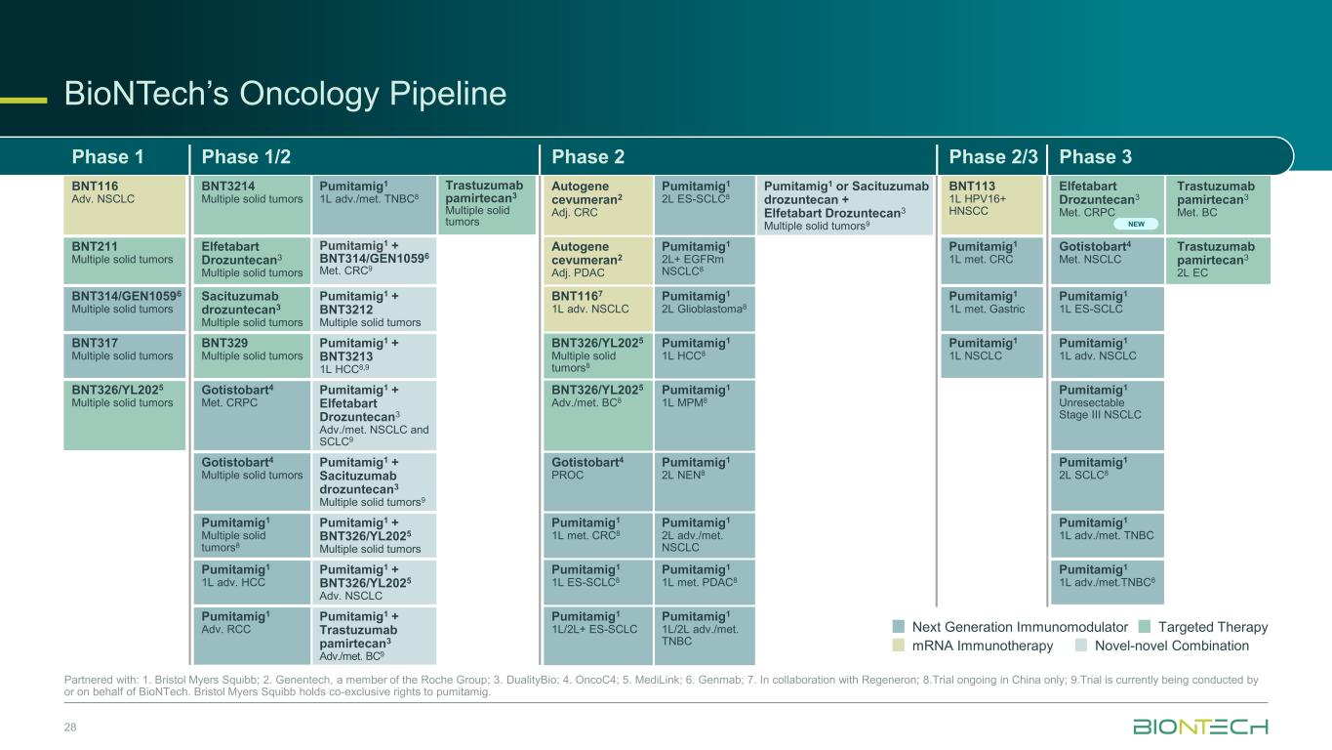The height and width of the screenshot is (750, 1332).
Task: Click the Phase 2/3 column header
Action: tap(993, 156)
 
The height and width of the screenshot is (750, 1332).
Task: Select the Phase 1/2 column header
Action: tap(246, 156)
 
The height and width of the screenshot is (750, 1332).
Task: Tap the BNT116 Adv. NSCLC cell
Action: tap(125, 205)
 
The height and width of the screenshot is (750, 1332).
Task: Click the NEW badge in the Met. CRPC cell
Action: tap(1136, 224)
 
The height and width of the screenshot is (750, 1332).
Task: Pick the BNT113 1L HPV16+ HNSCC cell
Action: tap(991, 205)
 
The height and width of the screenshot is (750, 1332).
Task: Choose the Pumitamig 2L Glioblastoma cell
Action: tap(705, 309)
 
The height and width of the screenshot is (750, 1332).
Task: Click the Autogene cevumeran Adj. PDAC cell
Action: tap(597, 260)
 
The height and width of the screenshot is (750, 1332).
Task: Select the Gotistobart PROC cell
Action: tap(597, 481)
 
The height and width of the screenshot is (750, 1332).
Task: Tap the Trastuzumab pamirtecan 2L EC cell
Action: tap(1218, 260)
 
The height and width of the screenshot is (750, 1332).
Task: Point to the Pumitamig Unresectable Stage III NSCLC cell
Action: tap(1108, 415)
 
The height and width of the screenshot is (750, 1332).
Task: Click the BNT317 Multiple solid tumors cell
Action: tap(125, 355)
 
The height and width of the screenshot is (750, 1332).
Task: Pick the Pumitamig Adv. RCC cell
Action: tap(252, 635)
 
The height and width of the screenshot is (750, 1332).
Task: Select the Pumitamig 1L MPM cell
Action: tap(705, 415)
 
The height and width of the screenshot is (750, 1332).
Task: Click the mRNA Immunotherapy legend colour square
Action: tap(899, 646)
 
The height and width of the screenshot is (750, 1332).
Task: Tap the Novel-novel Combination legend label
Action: tap(1171, 646)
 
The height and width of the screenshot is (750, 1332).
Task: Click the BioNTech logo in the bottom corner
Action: tap(1200, 727)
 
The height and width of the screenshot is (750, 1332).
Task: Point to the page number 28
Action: tap(70, 727)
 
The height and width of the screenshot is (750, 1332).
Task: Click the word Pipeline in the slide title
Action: tap(448, 94)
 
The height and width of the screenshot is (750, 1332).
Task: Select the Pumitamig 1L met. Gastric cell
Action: tap(991, 309)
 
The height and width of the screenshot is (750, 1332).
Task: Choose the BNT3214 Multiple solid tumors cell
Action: tap(252, 205)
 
